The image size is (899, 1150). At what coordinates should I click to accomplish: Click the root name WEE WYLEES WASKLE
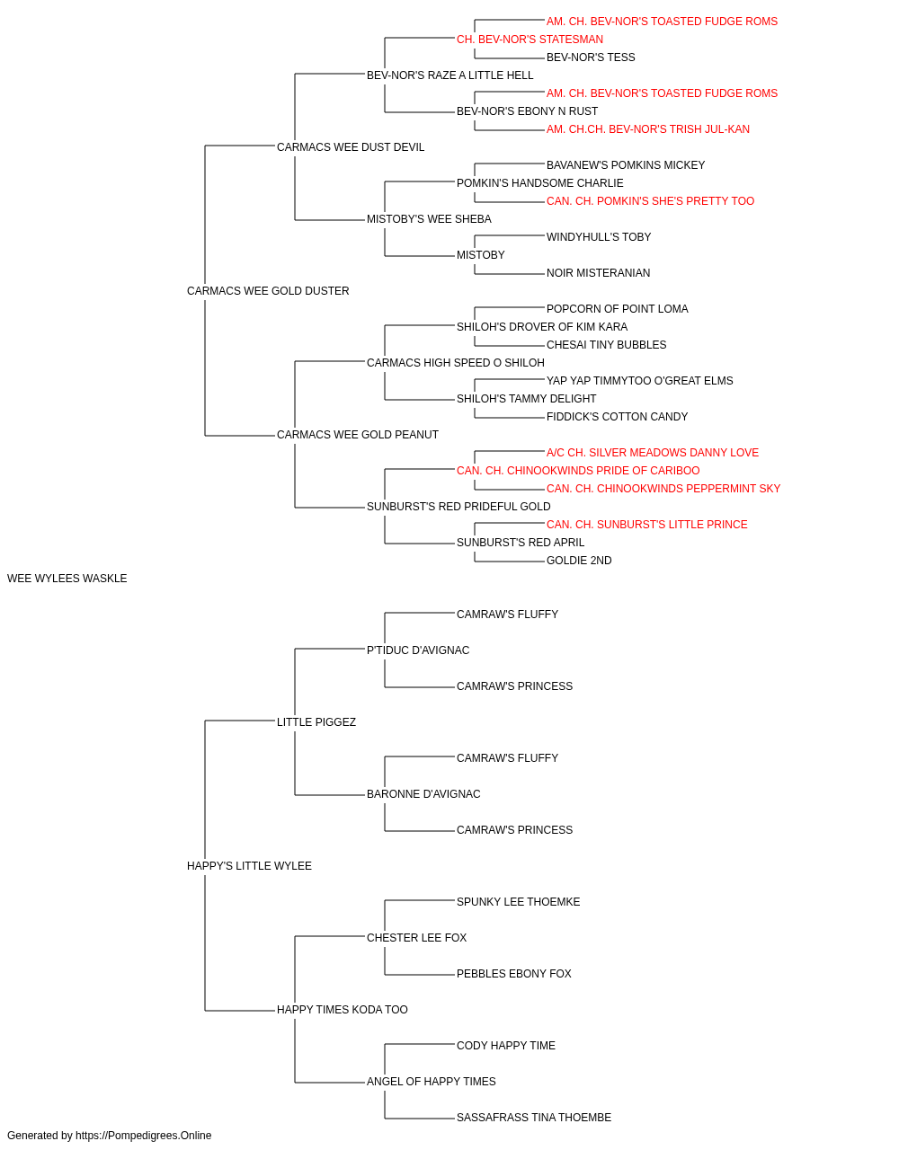67,579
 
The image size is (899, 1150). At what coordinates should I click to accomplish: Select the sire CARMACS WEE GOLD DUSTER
268,291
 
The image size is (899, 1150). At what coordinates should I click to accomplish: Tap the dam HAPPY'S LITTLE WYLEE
249,866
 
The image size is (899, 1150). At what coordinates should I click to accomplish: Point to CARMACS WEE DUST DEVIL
351,147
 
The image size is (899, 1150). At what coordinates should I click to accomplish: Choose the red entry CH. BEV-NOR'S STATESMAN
530,40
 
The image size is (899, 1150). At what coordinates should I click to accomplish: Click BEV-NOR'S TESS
591,57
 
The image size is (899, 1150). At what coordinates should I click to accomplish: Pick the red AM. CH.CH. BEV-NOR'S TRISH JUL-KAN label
648,129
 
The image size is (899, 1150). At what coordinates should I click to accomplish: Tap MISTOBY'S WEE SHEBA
429,219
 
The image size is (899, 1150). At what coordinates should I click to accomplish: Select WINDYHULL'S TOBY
599,237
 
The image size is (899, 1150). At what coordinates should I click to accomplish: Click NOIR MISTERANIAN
598,273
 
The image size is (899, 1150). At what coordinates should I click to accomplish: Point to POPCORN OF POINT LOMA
618,309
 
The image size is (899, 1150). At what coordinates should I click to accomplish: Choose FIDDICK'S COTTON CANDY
618,417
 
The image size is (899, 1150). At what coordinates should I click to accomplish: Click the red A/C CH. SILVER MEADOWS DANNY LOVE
653,453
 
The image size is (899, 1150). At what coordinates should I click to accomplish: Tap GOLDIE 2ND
579,561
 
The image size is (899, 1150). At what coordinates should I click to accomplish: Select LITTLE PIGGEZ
316,722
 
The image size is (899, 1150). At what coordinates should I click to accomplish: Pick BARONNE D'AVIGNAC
423,794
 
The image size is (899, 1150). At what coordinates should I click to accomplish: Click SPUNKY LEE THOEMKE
519,902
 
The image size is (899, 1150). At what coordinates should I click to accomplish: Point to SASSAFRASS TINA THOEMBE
534,1117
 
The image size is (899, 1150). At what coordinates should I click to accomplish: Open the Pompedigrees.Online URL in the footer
144,1136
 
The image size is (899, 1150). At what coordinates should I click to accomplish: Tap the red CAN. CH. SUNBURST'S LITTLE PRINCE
647,525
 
